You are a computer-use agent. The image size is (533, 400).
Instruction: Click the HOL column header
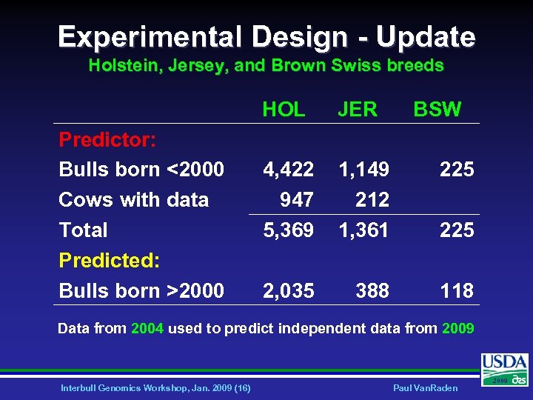point(284,110)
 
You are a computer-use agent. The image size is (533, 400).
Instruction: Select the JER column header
point(358,110)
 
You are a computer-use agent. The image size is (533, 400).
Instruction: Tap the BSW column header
point(437,110)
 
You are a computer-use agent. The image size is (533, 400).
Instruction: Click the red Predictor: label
point(102,139)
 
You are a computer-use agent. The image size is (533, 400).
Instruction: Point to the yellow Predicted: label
point(110,260)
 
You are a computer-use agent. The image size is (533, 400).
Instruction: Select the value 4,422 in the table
point(288,170)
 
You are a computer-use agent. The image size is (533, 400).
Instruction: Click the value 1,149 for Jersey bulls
point(363,170)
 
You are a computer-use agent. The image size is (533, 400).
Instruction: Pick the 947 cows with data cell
point(296,200)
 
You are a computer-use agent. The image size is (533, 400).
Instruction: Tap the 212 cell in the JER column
point(372,200)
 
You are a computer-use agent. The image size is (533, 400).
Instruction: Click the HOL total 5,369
point(288,230)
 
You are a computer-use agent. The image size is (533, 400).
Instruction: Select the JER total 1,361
point(363,230)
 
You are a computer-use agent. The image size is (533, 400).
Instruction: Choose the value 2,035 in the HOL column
point(288,290)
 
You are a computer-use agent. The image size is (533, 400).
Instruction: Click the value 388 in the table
point(372,290)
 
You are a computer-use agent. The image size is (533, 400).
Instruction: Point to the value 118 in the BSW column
point(457,290)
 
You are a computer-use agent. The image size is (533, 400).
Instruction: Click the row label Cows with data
point(133,200)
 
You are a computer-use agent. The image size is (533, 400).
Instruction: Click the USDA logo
point(505,368)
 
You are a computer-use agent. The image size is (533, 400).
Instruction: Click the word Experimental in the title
point(151,36)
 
